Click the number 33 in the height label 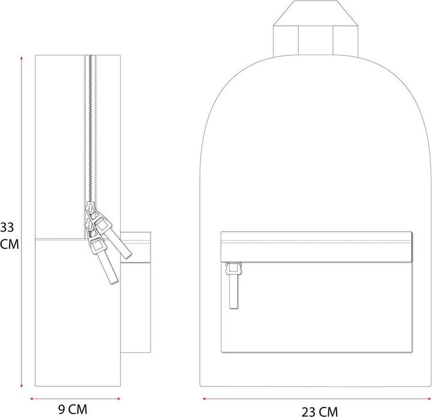(x=7, y=227)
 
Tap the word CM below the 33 (x=8, y=244)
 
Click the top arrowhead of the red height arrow (x=22, y=57)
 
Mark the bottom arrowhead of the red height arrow (x=22, y=386)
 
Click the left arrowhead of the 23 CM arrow (x=204, y=397)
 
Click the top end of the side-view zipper (x=91, y=57)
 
